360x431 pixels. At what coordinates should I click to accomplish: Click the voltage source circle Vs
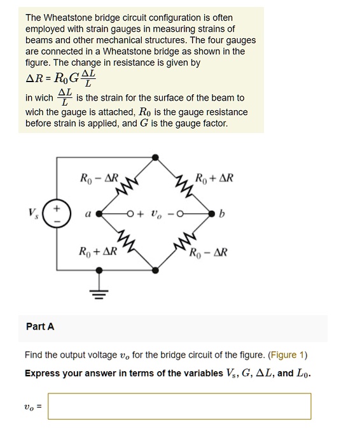(x=57, y=215)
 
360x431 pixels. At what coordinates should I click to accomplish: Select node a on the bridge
(x=99, y=215)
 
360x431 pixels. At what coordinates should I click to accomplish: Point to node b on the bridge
(x=212, y=215)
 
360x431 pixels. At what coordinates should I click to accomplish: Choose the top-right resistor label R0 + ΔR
(x=214, y=178)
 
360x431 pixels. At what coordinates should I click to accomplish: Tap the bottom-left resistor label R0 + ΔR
(x=97, y=251)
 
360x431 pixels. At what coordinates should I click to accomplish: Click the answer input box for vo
(x=179, y=406)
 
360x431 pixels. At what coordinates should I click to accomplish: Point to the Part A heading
(x=40, y=327)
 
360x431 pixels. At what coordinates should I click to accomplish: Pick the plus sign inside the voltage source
(x=57, y=208)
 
